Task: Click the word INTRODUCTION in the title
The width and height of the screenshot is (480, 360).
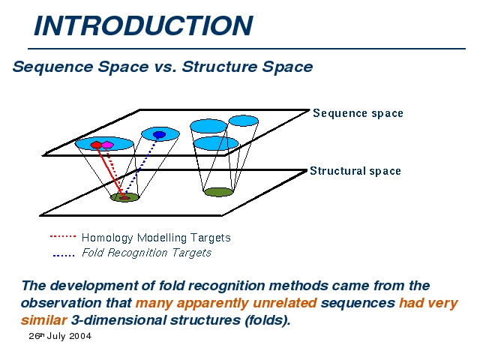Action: (143, 25)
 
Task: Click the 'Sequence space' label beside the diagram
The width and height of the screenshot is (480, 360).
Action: (358, 113)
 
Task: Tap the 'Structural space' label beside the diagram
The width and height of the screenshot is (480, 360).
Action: (355, 171)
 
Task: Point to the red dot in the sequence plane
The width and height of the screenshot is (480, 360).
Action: (96, 144)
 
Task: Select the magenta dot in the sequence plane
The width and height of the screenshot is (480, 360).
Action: (107, 145)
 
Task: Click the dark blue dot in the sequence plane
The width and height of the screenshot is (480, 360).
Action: (159, 135)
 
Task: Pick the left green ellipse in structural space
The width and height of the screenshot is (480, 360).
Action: (124, 197)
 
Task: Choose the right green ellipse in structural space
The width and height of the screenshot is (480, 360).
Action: (218, 192)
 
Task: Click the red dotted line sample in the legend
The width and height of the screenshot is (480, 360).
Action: (62, 236)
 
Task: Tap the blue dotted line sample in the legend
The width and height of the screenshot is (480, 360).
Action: (63, 255)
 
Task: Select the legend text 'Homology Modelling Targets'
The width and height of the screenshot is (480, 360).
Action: (156, 238)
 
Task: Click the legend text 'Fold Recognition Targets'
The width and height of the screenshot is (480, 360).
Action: (146, 253)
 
